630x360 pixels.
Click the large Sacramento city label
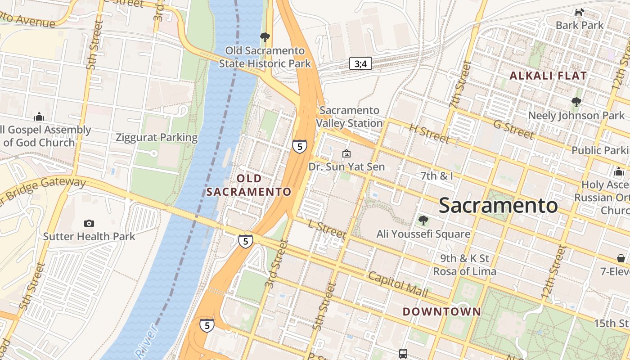[x=498, y=206]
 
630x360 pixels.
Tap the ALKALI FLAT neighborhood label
[x=548, y=76]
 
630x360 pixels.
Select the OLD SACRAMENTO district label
[x=249, y=185]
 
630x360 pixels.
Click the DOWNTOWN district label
[x=441, y=311]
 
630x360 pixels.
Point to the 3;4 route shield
[x=360, y=64]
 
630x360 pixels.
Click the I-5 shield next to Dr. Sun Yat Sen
[x=300, y=146]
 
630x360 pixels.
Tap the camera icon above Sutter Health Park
[x=89, y=223]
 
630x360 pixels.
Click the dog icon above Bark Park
[x=579, y=13]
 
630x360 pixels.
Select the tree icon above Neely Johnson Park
[x=576, y=103]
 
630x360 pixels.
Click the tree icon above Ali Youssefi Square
[x=423, y=220]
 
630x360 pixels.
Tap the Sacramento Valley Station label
[x=350, y=117]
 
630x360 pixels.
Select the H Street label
[x=429, y=134]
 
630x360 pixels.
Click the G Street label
[x=513, y=129]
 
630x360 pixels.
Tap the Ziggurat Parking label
[x=157, y=138]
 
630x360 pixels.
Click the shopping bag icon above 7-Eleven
[x=621, y=258]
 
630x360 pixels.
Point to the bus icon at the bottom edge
[x=403, y=354]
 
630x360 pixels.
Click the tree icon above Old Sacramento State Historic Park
[x=265, y=37]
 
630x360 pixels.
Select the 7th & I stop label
[x=437, y=176]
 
